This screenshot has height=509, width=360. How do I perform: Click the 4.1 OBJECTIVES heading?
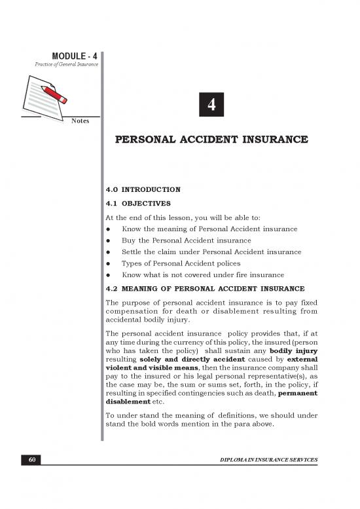[137, 202]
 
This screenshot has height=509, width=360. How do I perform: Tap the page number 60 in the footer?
[31, 460]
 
